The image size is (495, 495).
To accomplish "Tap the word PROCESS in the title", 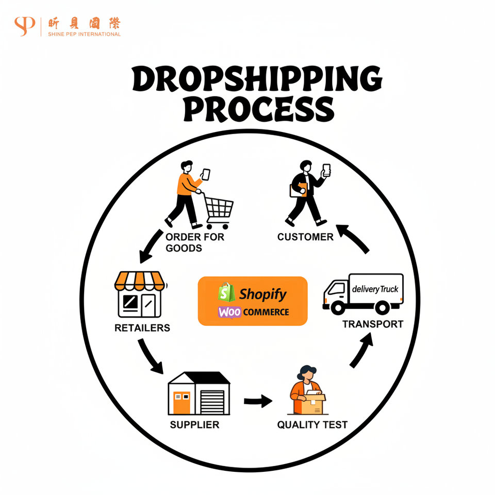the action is pos(257,109).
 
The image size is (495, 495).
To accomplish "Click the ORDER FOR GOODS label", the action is pos(188,242).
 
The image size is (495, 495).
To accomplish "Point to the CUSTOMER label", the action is pos(305,237).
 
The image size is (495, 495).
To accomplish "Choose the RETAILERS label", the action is pos(142,328).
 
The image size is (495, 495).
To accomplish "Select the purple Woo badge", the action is pos(229,312).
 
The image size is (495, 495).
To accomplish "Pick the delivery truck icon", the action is pos(363,293).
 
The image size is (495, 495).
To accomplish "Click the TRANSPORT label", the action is pos(373,324).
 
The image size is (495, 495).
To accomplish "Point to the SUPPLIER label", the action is pos(194,425).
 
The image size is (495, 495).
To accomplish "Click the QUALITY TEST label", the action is pos(312,425).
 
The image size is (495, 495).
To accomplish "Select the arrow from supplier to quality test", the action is pos(258,400).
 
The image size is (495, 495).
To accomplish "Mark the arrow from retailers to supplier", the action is pos(150,357).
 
